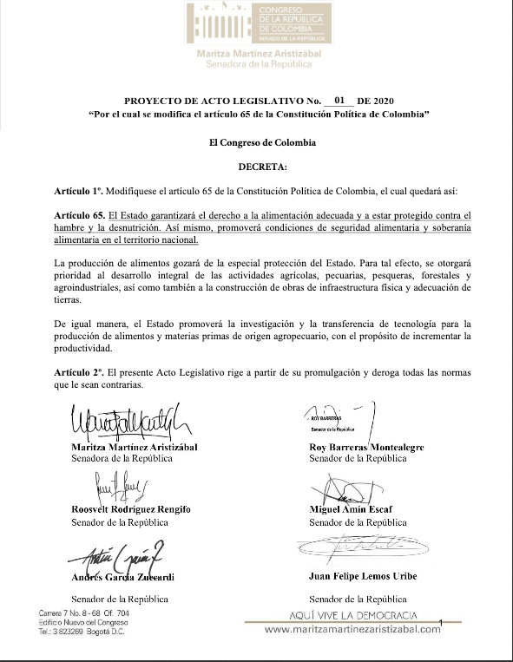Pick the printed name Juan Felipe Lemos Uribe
(x=370, y=576)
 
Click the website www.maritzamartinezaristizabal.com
(x=352, y=629)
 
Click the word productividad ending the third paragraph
(x=84, y=351)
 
